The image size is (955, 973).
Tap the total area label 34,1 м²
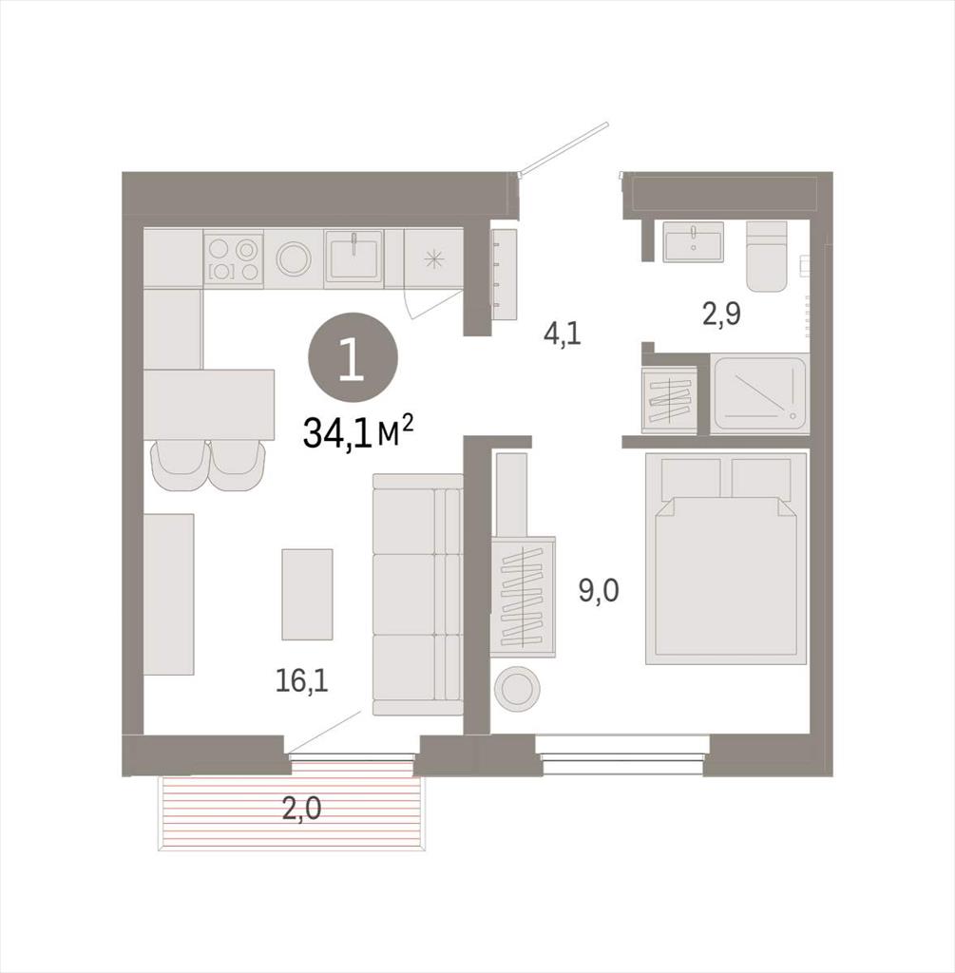pos(358,432)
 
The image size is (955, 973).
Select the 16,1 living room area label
pos(301,680)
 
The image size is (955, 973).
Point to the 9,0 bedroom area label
pos(599,590)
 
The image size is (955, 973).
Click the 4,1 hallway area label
pos(562,334)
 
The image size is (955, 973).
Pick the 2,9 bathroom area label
pos(722,314)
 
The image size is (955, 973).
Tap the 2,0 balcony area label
pos(301,809)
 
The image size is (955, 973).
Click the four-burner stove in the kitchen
pos(234,258)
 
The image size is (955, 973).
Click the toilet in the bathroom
pos(766,256)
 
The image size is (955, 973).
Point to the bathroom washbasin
pos(693,241)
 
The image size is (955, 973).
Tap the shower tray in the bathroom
pos(759,392)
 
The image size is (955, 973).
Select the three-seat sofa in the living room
pos(417,595)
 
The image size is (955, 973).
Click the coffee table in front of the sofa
pos(307,594)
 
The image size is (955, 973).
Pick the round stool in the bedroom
pos(517,688)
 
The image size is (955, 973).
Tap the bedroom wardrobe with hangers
pos(523,596)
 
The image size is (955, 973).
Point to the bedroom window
pos(623,754)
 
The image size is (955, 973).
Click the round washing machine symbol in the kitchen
pos(294,258)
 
